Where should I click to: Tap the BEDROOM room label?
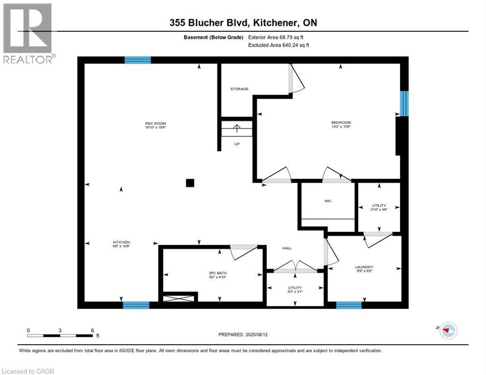pos(341,123)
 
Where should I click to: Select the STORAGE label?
pos(240,89)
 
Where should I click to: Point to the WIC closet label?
pos(328,201)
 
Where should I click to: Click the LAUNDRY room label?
pos(364,267)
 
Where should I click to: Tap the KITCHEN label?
pos(122,242)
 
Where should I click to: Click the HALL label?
pos(287,248)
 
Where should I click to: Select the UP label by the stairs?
pos(237,144)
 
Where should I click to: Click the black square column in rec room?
pos(190,183)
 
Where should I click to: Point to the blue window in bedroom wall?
pos(404,104)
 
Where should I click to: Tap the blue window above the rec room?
pos(137,60)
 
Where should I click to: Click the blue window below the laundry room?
pos(349,305)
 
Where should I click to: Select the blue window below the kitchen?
pos(136,305)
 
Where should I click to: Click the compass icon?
pos(447,331)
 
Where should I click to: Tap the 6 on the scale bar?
pos(92,330)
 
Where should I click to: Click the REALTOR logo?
pos(28,33)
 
